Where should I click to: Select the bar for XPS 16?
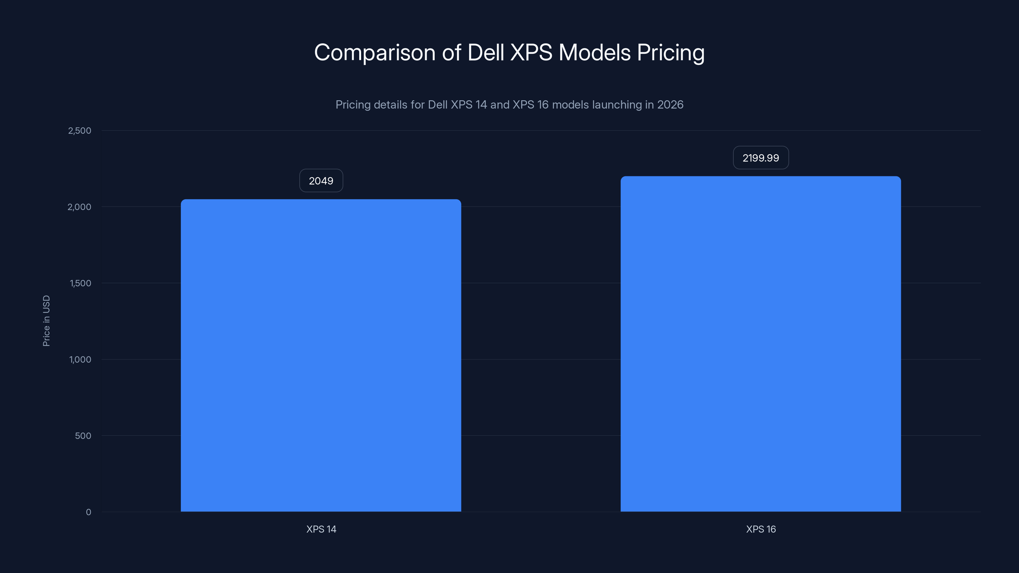[x=760, y=344]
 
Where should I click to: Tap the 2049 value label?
[x=321, y=181]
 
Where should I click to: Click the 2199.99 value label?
[x=760, y=158]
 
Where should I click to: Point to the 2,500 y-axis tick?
[x=80, y=131]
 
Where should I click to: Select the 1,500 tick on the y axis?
[x=80, y=283]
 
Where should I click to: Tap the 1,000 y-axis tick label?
[x=80, y=359]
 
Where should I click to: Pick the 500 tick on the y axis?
[x=83, y=436]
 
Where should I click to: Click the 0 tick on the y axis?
[x=89, y=512]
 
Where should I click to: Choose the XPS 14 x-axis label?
[x=321, y=529]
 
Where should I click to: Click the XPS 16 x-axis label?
[x=760, y=529]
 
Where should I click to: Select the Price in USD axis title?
[x=46, y=321]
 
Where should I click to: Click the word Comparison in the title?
[x=374, y=53]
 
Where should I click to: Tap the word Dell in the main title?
[x=485, y=53]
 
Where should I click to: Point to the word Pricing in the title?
[x=671, y=53]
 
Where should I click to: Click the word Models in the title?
[x=594, y=53]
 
